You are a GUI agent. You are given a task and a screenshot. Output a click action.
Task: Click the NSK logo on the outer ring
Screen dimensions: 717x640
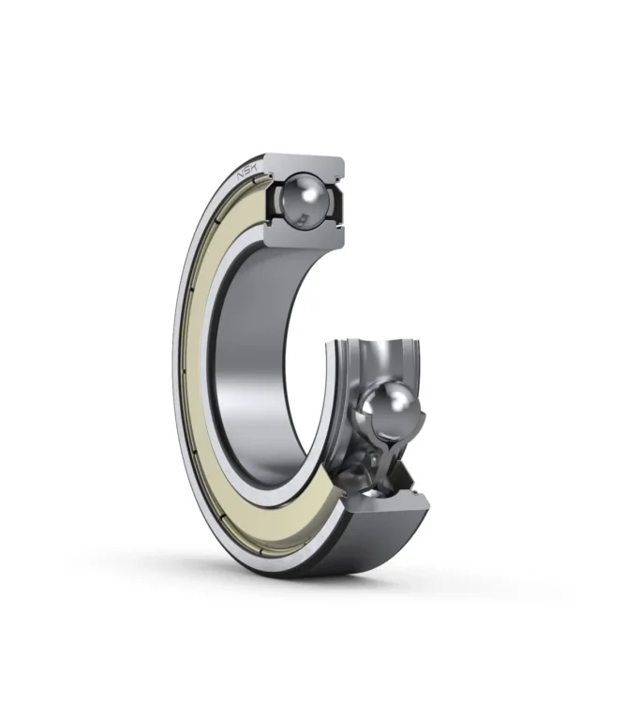coord(247,173)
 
